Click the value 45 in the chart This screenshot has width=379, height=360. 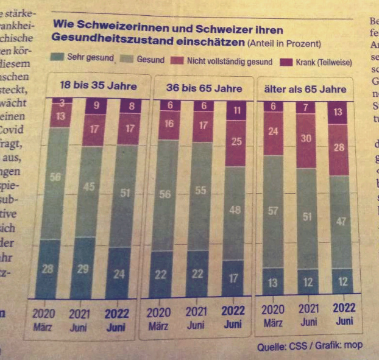(x=89, y=186)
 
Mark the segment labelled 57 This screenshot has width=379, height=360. (x=271, y=211)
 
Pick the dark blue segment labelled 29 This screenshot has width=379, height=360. (x=83, y=269)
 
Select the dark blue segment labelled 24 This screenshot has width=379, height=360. (x=118, y=274)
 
